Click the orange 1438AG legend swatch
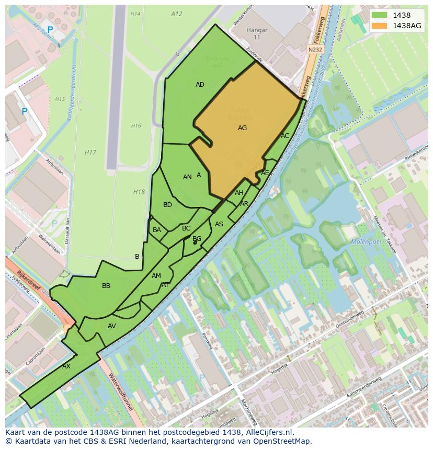click(x=380, y=26)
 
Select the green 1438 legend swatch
click(x=380, y=16)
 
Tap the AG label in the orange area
click(x=242, y=128)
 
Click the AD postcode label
click(x=200, y=85)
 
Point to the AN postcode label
click(x=187, y=177)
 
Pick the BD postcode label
click(x=167, y=205)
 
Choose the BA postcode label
click(x=157, y=230)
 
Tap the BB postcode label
click(x=106, y=286)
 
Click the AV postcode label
click(x=111, y=326)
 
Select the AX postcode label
click(x=66, y=366)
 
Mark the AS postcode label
click(x=219, y=224)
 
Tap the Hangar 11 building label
click(x=257, y=33)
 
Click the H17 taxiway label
click(x=90, y=153)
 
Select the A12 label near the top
click(x=177, y=14)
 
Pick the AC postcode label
click(x=285, y=136)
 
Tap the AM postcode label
click(x=156, y=276)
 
